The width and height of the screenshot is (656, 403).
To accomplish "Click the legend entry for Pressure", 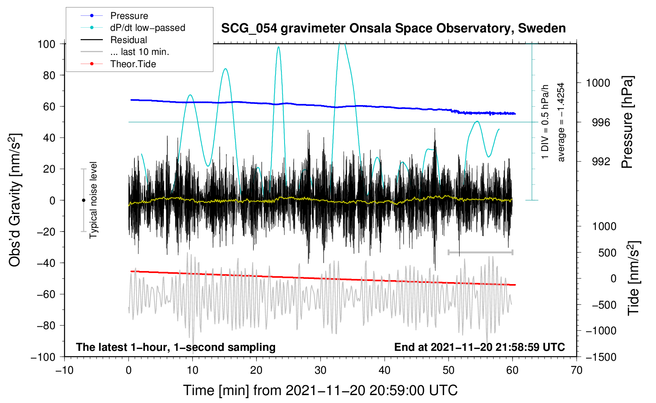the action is click(115, 15).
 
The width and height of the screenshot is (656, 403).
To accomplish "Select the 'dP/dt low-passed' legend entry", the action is click(133, 28).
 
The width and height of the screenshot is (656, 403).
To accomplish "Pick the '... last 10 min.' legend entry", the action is click(125, 52).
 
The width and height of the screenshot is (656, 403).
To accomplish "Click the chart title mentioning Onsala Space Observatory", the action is click(393, 28).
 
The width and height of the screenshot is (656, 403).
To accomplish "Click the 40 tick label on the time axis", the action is click(384, 370).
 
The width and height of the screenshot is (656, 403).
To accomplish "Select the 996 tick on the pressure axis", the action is click(601, 122).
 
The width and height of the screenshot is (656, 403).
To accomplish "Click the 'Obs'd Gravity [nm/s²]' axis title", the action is click(15, 200).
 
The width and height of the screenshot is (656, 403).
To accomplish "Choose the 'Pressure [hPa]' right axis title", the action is click(627, 122).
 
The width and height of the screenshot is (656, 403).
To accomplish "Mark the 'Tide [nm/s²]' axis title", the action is click(634, 278).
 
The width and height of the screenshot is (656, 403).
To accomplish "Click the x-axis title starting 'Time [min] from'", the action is click(320, 390).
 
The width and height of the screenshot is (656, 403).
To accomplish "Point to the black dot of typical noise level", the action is click(83, 200).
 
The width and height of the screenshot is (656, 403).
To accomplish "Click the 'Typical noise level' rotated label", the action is click(93, 200).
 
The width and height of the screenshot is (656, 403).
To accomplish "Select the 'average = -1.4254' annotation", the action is click(560, 122).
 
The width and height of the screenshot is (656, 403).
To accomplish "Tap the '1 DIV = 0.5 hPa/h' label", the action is click(545, 122).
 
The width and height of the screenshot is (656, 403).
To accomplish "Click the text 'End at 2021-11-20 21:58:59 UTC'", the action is click(479, 347).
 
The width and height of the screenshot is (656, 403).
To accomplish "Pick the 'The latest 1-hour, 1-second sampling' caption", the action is click(176, 347).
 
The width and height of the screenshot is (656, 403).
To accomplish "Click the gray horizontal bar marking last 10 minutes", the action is click(480, 252).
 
